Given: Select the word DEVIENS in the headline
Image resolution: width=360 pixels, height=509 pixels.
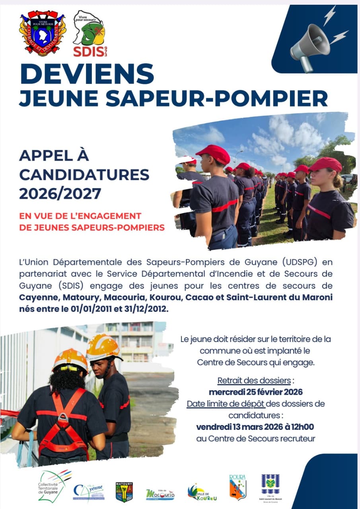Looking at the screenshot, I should click(x=87, y=74).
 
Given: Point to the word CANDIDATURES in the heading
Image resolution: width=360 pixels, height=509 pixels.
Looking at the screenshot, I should click(x=84, y=174).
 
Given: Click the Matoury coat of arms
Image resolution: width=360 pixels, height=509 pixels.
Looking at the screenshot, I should click(x=124, y=492).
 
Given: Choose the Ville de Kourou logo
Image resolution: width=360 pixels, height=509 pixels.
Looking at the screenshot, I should click(x=202, y=492).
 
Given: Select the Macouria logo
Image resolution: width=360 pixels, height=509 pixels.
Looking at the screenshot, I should click(x=160, y=494).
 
